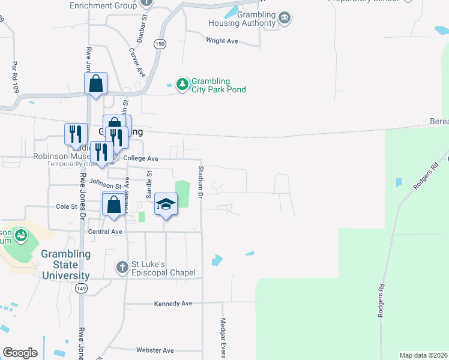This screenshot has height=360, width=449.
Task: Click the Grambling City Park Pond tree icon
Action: pos(182,85)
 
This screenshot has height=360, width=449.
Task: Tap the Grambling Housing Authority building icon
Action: pos(285,19)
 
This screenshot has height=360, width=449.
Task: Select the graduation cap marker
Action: pos(166,204)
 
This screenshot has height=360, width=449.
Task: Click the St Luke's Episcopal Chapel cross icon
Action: pos(122,267)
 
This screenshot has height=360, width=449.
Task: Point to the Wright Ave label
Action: pos(222,41)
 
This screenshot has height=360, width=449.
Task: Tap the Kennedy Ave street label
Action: pos(173,304)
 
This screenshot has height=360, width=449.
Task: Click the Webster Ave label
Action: pos(155,350)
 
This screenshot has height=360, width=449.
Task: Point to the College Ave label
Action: pos(140,158)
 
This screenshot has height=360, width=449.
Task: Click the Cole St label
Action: pos(67,206)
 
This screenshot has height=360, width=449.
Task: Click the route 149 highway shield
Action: pos(80,289)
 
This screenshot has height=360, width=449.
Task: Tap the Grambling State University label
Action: pos(65,265)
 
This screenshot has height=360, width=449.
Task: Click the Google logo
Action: pos(20,353)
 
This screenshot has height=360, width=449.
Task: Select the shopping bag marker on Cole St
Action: pos(113,204)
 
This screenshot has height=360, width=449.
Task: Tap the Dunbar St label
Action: pos(144,26)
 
